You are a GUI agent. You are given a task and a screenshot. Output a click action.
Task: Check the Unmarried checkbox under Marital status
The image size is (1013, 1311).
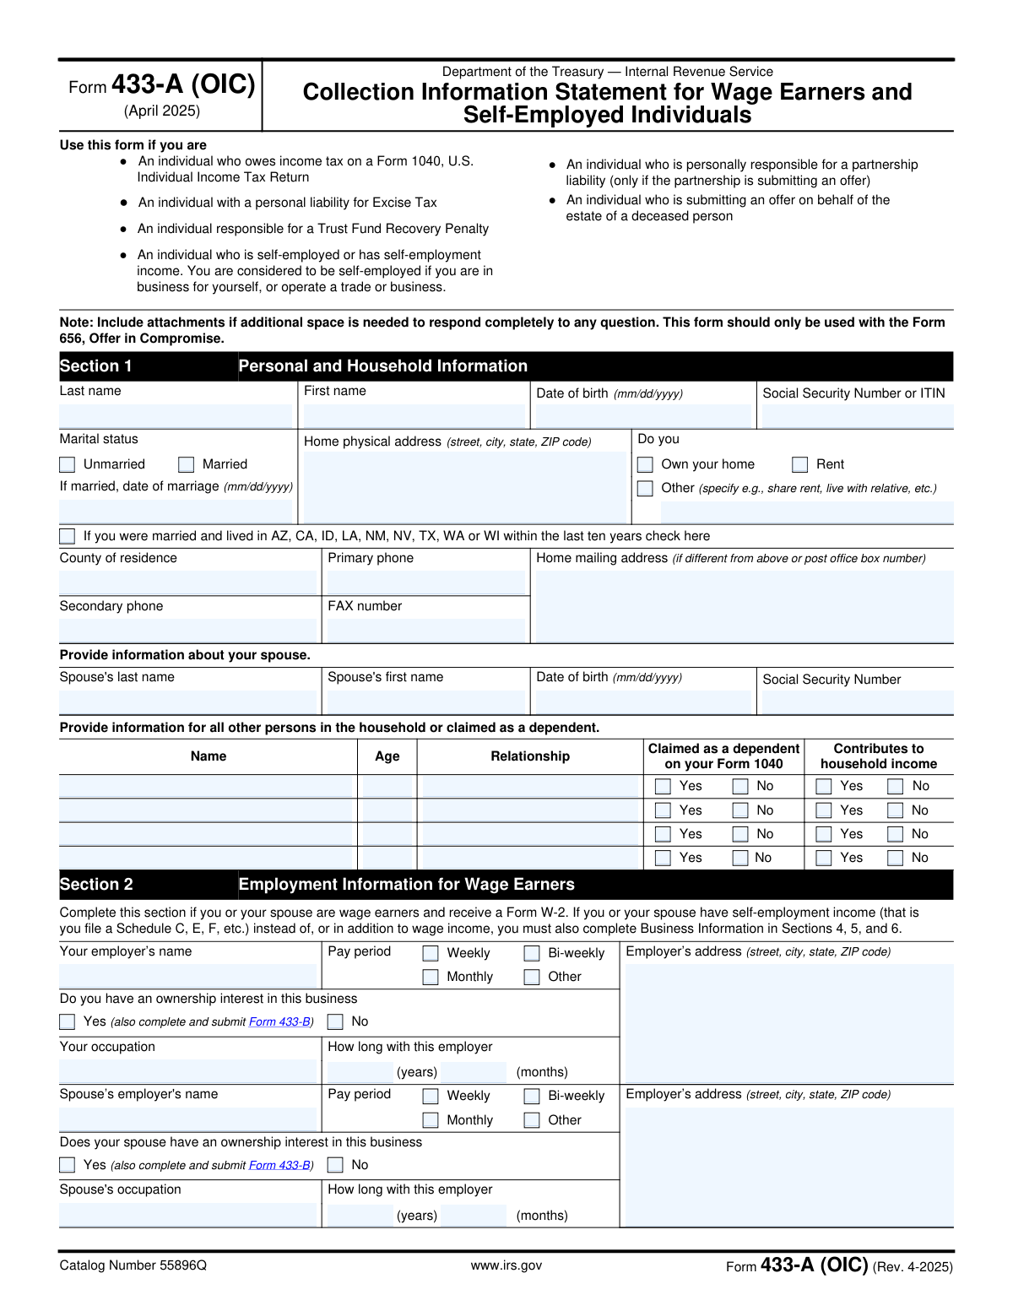click(68, 464)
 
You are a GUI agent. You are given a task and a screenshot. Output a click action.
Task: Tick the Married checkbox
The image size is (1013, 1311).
click(187, 464)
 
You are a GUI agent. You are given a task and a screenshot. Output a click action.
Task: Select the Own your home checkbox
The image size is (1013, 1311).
click(646, 464)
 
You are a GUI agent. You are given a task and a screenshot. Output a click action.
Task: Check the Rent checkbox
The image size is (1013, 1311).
click(800, 464)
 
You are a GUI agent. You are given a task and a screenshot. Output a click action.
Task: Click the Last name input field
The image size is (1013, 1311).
click(176, 416)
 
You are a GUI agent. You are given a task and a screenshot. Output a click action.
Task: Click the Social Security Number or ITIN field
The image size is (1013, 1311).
click(857, 416)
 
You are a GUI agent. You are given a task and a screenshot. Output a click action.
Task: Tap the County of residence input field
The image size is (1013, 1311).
click(187, 582)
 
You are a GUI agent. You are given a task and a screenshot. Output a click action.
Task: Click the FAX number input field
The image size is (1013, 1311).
click(426, 631)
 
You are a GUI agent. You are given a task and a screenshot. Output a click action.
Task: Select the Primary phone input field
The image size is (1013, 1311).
click(426, 582)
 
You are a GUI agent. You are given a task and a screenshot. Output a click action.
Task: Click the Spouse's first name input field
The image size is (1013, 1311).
click(426, 702)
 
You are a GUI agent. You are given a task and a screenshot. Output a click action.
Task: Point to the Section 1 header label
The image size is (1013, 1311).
click(96, 366)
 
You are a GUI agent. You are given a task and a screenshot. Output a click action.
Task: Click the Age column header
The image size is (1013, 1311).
click(387, 756)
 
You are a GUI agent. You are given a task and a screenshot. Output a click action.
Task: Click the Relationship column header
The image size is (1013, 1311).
click(530, 756)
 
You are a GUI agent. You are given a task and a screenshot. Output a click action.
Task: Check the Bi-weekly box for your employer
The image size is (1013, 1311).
click(533, 953)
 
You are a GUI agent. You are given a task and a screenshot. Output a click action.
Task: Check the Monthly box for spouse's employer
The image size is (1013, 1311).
click(431, 1120)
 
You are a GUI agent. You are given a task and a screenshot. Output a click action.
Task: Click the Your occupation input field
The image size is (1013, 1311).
click(187, 1071)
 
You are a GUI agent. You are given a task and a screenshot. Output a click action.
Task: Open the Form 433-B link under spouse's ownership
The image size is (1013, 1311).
click(279, 1165)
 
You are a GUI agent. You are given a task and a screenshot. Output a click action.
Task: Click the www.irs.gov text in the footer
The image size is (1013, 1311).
click(506, 1265)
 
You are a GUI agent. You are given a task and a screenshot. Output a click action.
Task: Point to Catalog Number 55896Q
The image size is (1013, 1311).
click(133, 1265)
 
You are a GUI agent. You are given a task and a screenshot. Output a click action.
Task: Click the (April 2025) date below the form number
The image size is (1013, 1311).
click(162, 111)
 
